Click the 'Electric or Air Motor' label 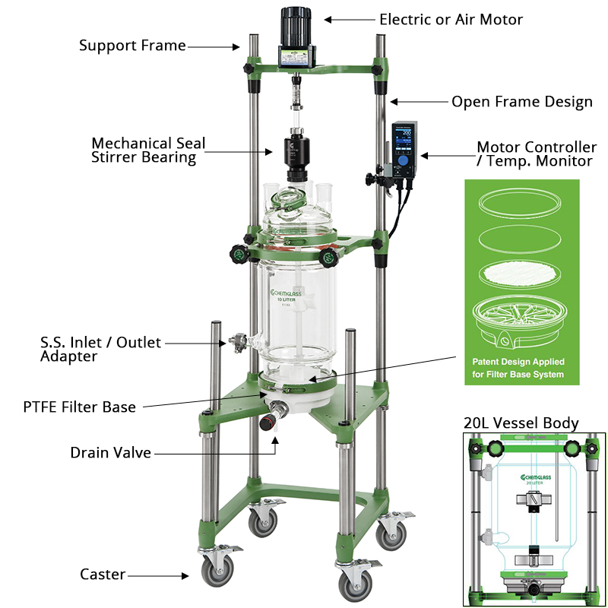(451, 19)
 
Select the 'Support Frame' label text (132, 46)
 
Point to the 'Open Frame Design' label (522, 102)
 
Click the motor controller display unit (405, 148)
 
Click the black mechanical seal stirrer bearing (294, 157)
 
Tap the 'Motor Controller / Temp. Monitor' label (537, 154)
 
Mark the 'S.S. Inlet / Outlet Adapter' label (100, 349)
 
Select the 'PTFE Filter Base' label (79, 407)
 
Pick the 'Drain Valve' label (110, 453)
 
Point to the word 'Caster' (103, 575)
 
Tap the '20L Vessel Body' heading (521, 423)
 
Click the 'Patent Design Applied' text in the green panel (518, 363)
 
